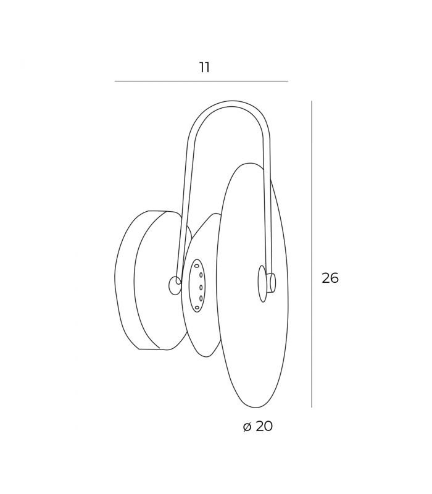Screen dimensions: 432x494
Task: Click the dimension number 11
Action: tap(204, 67)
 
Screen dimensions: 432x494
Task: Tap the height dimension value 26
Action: tap(330, 278)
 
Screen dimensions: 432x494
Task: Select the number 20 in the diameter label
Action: tap(264, 426)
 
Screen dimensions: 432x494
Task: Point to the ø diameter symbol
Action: tap(247, 427)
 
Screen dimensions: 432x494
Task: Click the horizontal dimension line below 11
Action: tap(201, 82)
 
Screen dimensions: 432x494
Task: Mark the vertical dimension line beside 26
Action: tap(312, 254)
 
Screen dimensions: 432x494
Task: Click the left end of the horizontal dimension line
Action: tap(115, 82)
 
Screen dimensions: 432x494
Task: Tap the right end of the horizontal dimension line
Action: tap(288, 82)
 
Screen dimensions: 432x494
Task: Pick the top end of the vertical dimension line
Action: tap(312, 101)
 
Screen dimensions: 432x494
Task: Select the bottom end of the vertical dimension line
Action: tap(312, 407)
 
